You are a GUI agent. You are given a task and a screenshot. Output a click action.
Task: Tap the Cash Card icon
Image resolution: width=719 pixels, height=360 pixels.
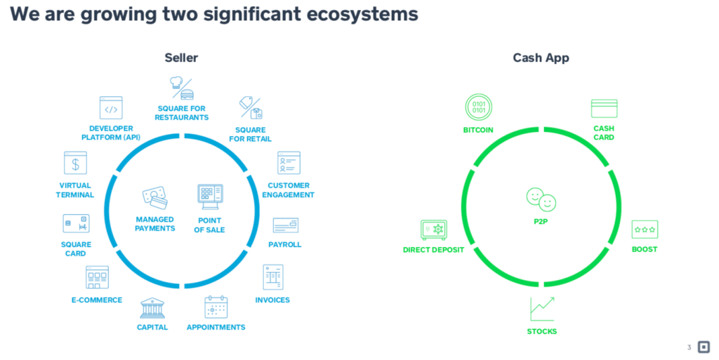click(x=604, y=109)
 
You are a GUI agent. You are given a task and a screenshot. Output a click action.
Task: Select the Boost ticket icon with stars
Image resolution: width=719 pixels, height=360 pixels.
click(x=644, y=229)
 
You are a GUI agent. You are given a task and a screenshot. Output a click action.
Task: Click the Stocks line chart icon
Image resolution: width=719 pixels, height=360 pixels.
click(x=542, y=309)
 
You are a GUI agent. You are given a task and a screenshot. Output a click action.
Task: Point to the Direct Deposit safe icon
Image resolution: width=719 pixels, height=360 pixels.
click(x=433, y=230)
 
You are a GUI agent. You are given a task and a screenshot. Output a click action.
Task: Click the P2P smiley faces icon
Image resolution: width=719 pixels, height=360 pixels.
click(x=541, y=199)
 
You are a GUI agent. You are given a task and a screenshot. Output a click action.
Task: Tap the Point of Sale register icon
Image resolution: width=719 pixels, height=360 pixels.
click(x=211, y=198)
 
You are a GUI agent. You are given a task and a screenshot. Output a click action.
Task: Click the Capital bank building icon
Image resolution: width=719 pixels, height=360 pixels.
click(x=152, y=308)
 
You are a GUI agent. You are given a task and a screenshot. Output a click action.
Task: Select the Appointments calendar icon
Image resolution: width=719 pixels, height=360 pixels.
click(x=216, y=307)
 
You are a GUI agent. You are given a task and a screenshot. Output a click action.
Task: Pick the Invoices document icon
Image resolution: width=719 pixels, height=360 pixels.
click(x=273, y=277)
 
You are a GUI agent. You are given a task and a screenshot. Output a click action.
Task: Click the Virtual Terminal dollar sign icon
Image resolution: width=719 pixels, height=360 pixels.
click(x=75, y=164)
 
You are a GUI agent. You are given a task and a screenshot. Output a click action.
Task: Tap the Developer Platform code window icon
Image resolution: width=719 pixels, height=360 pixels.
click(x=111, y=109)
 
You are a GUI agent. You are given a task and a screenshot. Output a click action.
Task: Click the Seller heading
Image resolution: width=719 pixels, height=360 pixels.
click(x=181, y=58)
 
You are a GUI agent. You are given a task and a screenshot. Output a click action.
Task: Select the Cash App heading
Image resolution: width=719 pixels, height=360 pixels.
click(x=541, y=58)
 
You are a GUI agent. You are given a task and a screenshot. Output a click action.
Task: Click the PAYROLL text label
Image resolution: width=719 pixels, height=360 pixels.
click(x=284, y=244)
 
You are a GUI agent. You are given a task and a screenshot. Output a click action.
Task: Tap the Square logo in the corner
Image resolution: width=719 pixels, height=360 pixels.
click(x=704, y=347)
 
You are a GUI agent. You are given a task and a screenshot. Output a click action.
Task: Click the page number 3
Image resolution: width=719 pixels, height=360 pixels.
click(x=689, y=347)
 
